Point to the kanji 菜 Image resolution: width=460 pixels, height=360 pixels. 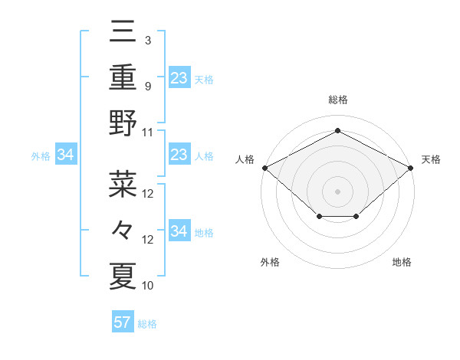[x=123, y=184]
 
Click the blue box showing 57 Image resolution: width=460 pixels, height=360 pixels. [x=123, y=322]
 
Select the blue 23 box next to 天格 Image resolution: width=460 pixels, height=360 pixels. [x=179, y=77]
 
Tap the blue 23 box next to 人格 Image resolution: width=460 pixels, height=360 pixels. [x=179, y=155]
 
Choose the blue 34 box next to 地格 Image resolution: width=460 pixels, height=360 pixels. [x=179, y=231]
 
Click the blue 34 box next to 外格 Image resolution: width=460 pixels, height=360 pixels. [x=66, y=155]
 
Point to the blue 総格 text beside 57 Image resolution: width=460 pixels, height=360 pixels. [x=147, y=324]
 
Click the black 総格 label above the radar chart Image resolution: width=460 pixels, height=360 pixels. [x=337, y=100]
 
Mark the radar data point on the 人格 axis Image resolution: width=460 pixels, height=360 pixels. [x=264, y=168]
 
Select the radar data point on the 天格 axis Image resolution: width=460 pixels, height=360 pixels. [x=411, y=168]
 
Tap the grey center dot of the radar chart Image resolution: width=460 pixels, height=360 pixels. [x=337, y=191]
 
